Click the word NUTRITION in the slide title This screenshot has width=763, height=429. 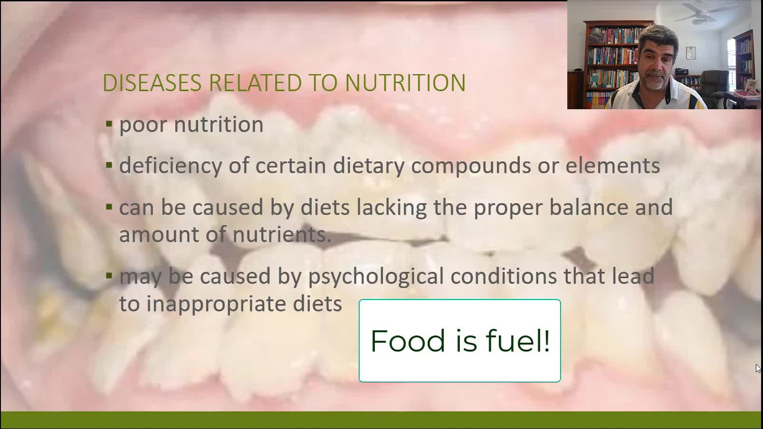click(x=405, y=83)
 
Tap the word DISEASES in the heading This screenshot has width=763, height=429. click(x=152, y=83)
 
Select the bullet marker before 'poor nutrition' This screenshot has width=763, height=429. click(x=109, y=124)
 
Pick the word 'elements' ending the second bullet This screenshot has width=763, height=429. click(x=613, y=166)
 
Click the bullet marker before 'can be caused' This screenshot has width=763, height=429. click(x=109, y=207)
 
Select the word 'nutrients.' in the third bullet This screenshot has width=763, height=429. click(x=282, y=235)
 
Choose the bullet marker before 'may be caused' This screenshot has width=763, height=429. click(x=109, y=275)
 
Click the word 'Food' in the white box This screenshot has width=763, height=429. click(x=408, y=341)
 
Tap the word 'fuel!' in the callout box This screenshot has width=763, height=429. click(x=518, y=340)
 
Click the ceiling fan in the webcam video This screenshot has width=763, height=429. click(x=704, y=13)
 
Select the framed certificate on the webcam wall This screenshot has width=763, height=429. click(x=691, y=53)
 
